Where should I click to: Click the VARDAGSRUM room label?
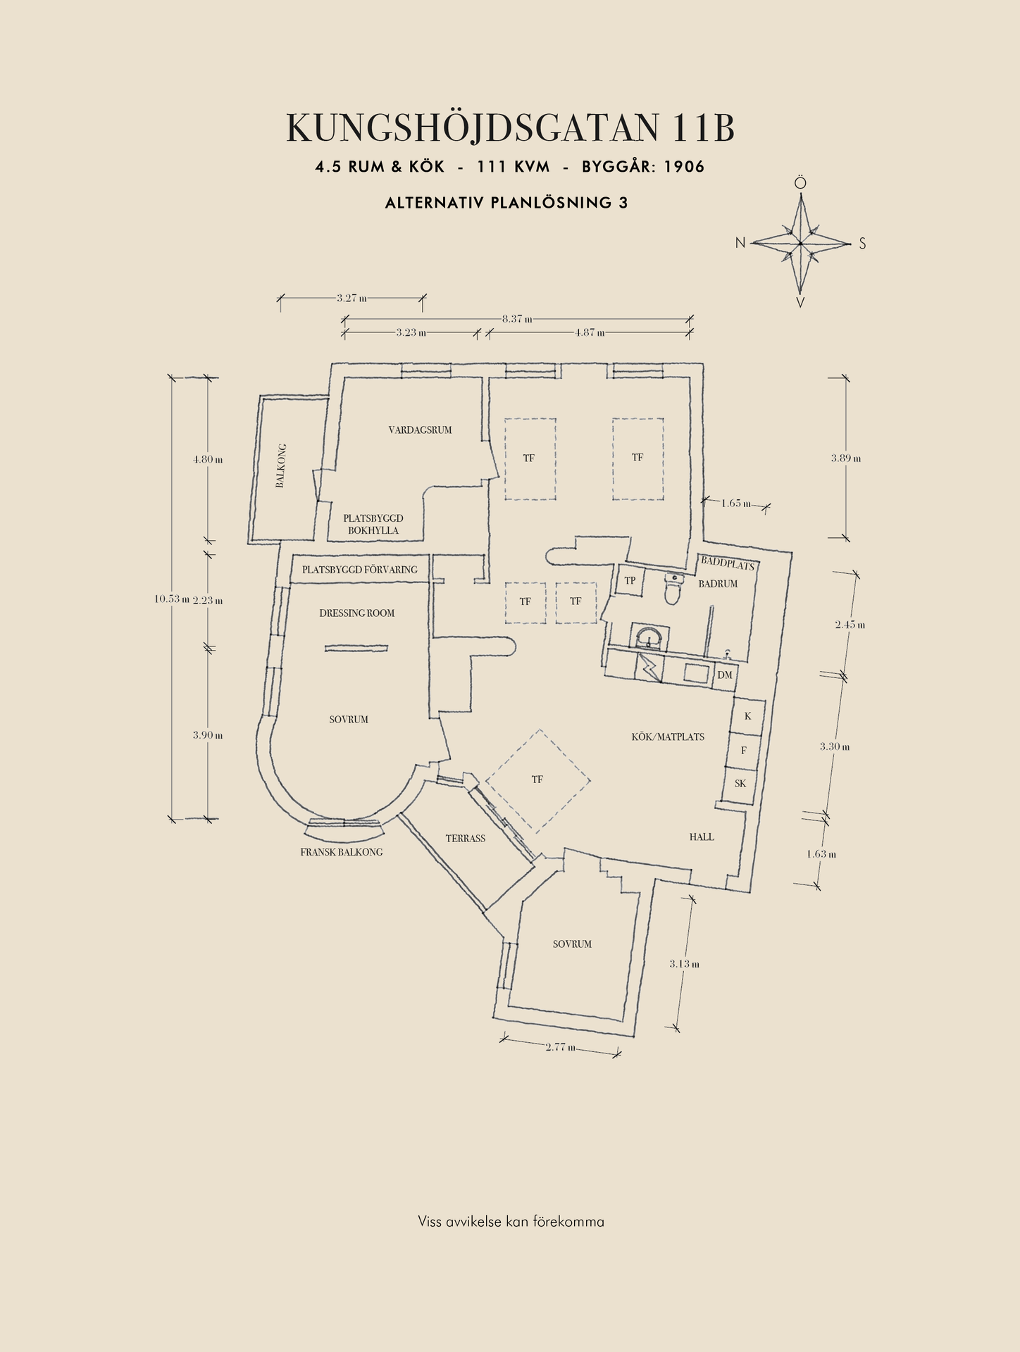pos(420,430)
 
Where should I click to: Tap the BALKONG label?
pos(280,465)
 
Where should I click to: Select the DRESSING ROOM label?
pos(356,613)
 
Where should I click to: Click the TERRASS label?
pos(465,839)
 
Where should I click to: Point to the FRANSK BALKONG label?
pos(342,852)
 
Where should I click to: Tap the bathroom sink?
pos(647,637)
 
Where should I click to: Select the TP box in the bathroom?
pos(630,581)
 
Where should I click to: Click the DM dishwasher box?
pos(725,675)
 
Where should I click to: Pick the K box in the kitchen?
pos(748,716)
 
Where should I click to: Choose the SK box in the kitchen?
pos(740,784)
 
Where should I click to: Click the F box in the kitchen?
pos(744,751)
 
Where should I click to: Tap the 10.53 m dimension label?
pos(172,599)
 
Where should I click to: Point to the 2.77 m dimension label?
pos(561,1047)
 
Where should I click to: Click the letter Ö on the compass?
pos(800,183)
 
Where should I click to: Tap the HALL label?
pos(702,837)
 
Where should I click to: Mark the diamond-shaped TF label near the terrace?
pos(537,780)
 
